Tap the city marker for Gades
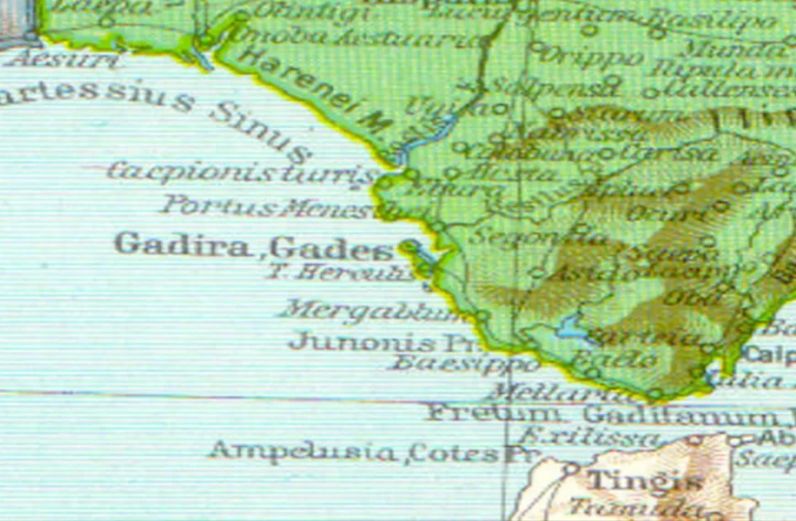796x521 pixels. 408,245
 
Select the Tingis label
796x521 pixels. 632,480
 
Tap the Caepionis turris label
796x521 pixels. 242,172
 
